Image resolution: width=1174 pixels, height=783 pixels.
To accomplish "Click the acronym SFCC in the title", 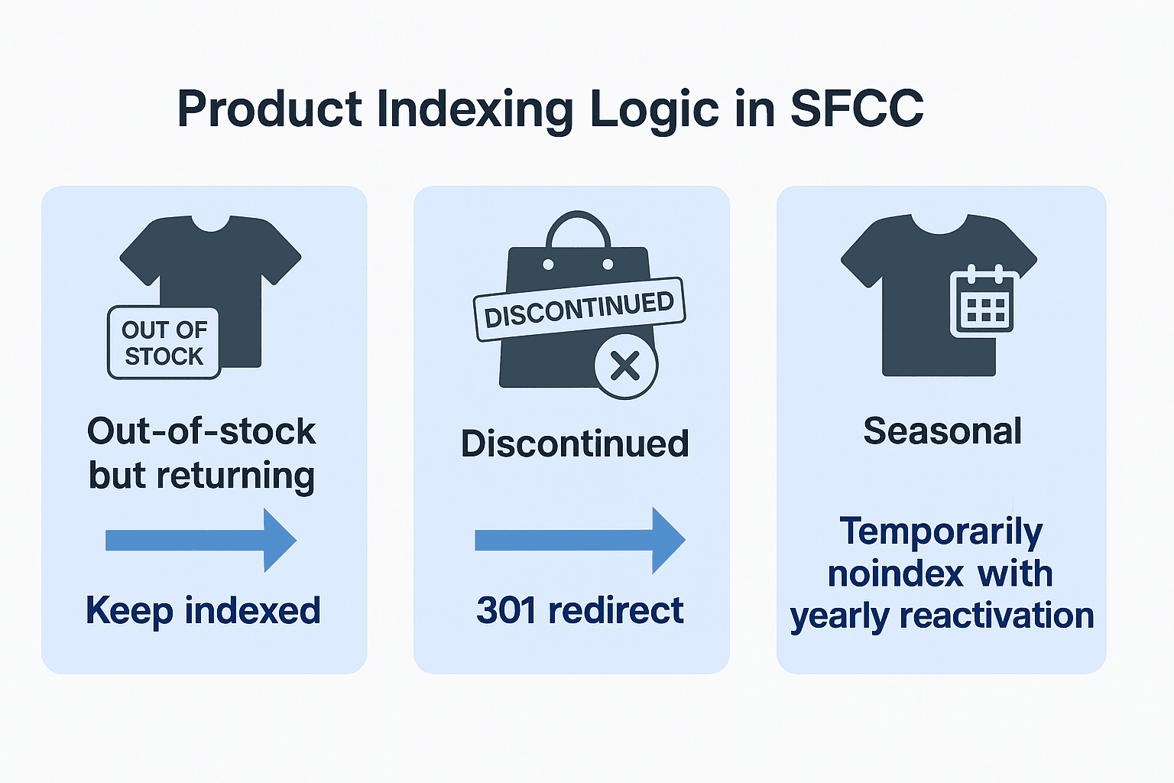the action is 856,109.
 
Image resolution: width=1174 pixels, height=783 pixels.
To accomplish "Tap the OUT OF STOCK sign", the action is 164,343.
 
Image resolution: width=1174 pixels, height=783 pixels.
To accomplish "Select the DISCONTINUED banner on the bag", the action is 579,310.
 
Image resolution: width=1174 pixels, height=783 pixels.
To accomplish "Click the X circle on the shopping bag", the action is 626,366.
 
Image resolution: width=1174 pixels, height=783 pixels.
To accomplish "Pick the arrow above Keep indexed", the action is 201,540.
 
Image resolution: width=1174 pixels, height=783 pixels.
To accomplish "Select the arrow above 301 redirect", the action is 580,540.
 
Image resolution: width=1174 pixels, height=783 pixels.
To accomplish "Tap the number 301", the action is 506,610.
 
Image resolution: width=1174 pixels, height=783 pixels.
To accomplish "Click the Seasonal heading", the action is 942,431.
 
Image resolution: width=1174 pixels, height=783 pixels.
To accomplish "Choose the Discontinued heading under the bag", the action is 575,443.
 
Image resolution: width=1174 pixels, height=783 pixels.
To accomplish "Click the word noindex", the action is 897,573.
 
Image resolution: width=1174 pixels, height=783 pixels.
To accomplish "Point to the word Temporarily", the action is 942,533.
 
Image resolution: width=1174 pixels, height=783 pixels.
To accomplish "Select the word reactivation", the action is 997,616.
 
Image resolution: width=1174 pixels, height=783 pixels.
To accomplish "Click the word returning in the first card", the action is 236,476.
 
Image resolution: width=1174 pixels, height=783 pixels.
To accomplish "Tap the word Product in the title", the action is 269,109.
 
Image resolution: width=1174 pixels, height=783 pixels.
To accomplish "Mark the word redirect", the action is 616,610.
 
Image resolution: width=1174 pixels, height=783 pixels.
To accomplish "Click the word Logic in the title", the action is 654,112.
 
